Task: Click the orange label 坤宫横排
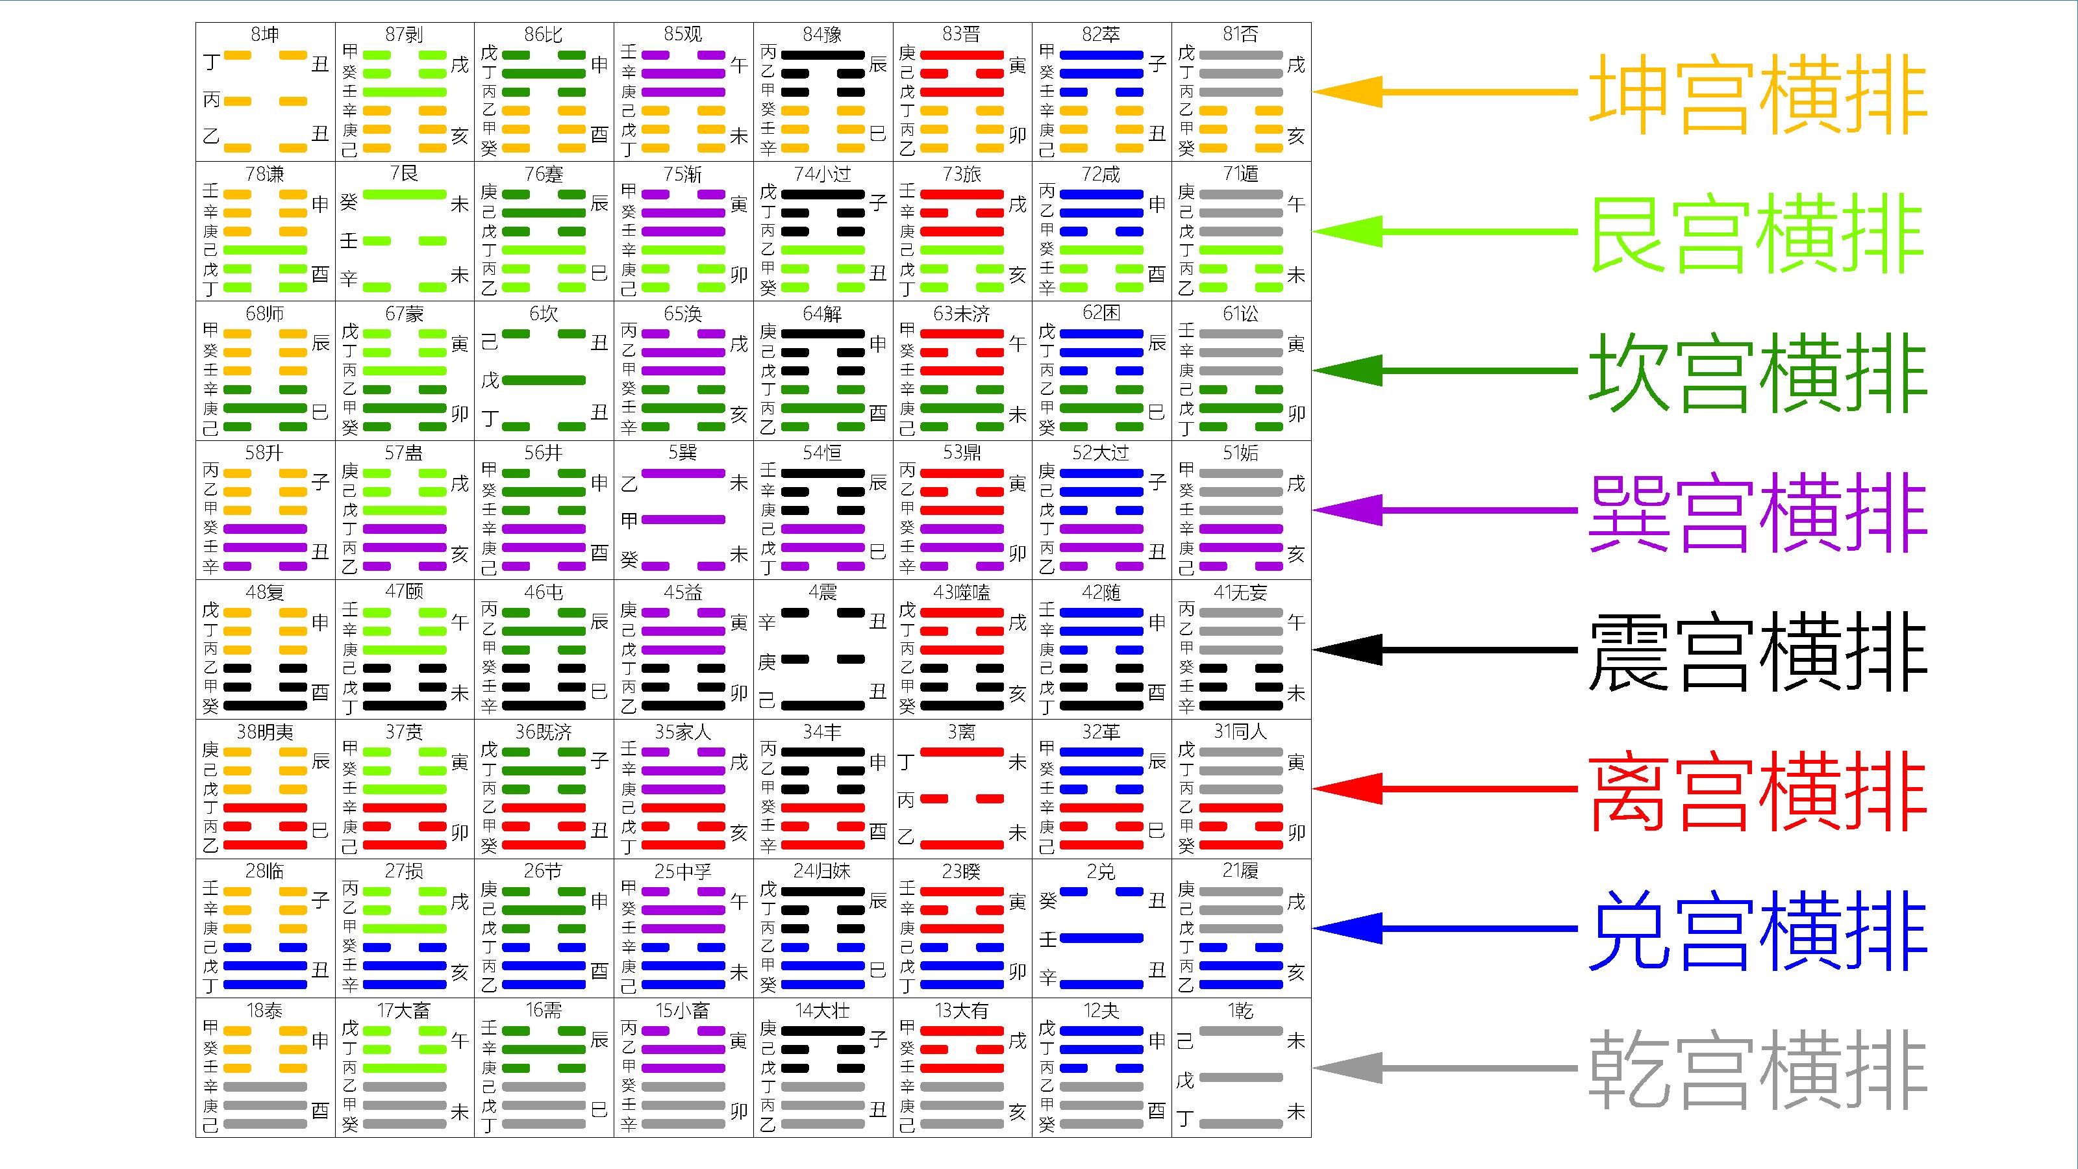pyautogui.click(x=1758, y=94)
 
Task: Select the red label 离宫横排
pyautogui.click(x=1758, y=790)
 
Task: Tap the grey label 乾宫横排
pyautogui.click(x=1758, y=1069)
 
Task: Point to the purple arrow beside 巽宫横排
pyautogui.click(x=1445, y=510)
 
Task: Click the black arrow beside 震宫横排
pyautogui.click(x=1445, y=649)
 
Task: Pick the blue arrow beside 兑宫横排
pyautogui.click(x=1445, y=929)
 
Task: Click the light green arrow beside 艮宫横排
pyautogui.click(x=1445, y=232)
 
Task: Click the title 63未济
pyautogui.click(x=962, y=313)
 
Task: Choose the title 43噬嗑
pyautogui.click(x=962, y=592)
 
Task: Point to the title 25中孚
pyautogui.click(x=682, y=872)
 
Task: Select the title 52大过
pyautogui.click(x=1101, y=453)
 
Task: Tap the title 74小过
pyautogui.click(x=822, y=173)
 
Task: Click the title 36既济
pyautogui.click(x=544, y=732)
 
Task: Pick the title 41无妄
pyautogui.click(x=1241, y=592)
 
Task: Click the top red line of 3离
pyautogui.click(x=962, y=752)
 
